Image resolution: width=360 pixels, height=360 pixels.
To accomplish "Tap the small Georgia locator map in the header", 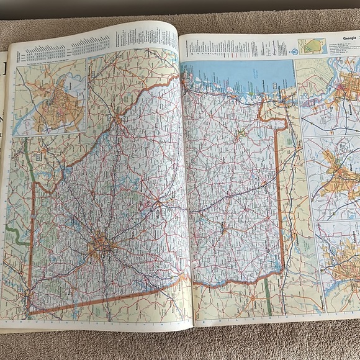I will pos(311,46).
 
